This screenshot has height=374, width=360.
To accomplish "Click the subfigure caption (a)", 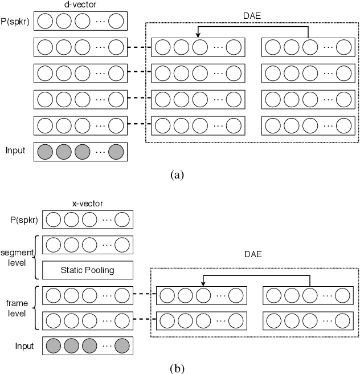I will coord(177,174).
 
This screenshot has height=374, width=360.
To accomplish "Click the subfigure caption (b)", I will coord(177,368).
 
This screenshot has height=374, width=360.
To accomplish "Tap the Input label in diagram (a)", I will coord(15,151).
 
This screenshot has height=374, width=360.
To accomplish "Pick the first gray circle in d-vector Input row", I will coord(45,151).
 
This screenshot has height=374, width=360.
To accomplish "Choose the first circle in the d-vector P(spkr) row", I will coord(45,22).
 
